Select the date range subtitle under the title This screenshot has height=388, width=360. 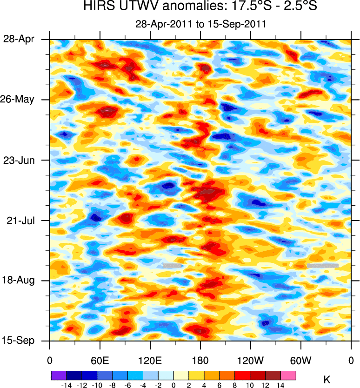pos(200,24)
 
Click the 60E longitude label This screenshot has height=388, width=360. pos(100,361)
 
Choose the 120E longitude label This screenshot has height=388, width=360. pos(150,361)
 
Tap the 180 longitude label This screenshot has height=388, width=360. pos(200,361)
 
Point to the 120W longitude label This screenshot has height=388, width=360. pos(250,361)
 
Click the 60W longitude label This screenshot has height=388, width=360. pos(300,361)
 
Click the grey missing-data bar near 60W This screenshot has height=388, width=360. pos(322,265)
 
